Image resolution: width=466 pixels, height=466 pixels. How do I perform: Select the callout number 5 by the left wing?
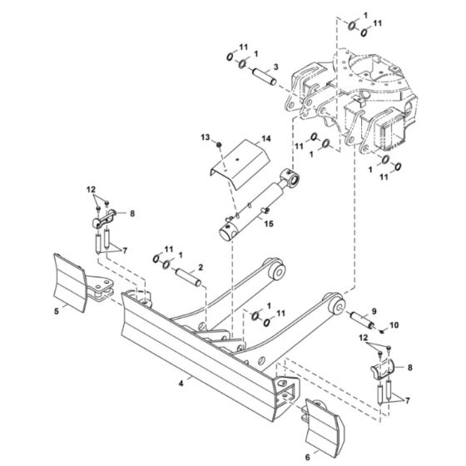[x=57, y=311]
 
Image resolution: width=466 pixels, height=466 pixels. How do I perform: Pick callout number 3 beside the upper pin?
[x=276, y=66]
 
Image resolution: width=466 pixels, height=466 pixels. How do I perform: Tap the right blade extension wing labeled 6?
[x=325, y=425]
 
